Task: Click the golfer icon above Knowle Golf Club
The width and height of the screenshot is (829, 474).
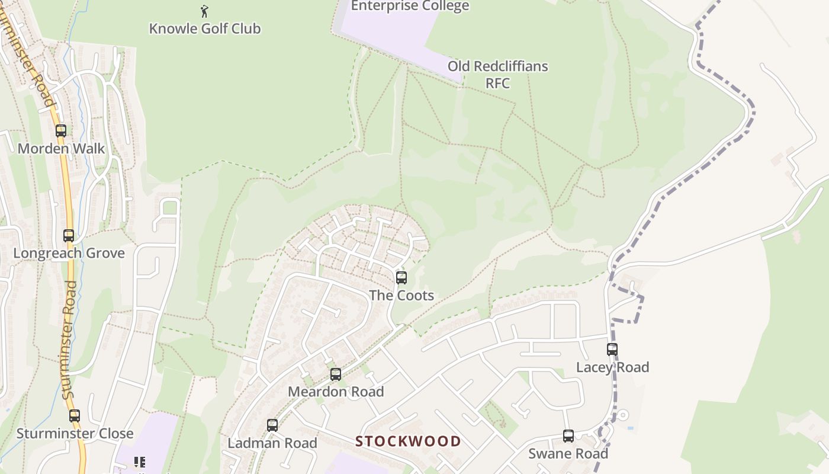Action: (x=204, y=11)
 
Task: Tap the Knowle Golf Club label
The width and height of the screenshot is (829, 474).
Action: (x=204, y=28)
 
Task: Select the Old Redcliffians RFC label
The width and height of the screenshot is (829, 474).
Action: (x=497, y=74)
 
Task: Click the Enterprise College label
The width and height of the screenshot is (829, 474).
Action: (x=410, y=6)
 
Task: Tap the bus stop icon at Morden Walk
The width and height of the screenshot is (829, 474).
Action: (x=61, y=131)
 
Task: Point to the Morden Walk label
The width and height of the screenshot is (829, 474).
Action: (x=61, y=149)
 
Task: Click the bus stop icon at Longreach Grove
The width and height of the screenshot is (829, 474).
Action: (x=69, y=236)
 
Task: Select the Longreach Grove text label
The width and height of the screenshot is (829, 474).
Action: (x=69, y=254)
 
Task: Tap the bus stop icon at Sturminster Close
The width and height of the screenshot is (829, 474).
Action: (x=74, y=416)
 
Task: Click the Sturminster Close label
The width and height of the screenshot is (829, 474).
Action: (x=75, y=434)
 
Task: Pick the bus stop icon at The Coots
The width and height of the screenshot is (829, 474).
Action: (x=401, y=278)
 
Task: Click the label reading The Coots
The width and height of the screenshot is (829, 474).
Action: (x=401, y=296)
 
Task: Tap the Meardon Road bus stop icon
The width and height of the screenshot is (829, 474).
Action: (x=336, y=374)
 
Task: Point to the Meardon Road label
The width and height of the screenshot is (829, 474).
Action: (x=336, y=392)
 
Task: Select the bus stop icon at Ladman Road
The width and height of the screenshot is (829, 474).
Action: (x=272, y=425)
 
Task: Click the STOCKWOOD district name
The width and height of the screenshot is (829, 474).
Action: (x=408, y=441)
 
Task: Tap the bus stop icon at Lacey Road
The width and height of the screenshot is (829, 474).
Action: (x=612, y=350)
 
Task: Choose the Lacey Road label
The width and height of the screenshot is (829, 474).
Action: (x=612, y=367)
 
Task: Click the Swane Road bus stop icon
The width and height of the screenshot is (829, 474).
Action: (x=568, y=436)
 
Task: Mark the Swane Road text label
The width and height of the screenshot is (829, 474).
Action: (x=568, y=454)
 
